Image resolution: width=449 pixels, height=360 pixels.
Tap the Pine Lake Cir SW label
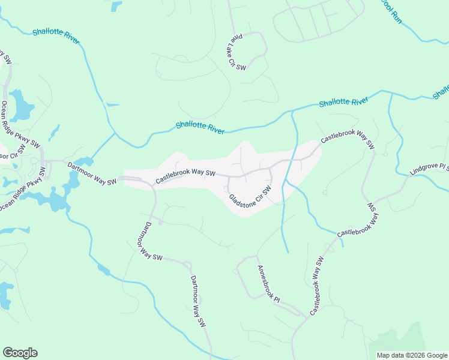tap(238, 52)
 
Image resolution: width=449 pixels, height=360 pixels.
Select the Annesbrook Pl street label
tap(268, 283)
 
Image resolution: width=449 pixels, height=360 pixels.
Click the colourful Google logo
tap(20, 353)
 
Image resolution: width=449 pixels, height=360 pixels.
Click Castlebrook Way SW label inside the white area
tap(185, 176)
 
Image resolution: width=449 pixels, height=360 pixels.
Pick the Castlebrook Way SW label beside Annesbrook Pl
tap(317, 286)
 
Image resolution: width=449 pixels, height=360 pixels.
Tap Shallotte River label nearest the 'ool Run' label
tap(343, 102)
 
